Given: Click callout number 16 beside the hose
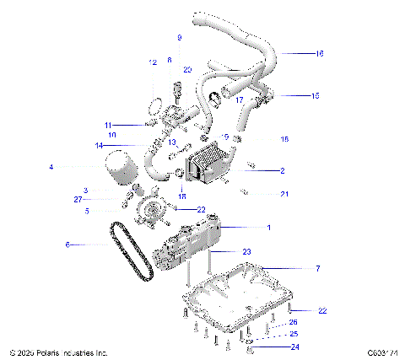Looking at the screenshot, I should (x=319, y=53).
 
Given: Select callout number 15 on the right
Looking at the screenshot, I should (x=315, y=96).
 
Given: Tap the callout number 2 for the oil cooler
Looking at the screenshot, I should (x=282, y=170).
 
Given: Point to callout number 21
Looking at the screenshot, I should (x=284, y=195).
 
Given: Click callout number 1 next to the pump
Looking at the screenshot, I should (x=269, y=228).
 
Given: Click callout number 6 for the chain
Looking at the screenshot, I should (x=68, y=244).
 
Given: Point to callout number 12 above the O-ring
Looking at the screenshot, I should (x=153, y=63).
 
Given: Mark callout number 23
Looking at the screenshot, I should (x=246, y=251).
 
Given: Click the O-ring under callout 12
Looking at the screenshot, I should (x=154, y=107).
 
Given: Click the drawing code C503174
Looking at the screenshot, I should (x=383, y=352).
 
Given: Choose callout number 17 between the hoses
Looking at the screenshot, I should (x=240, y=100).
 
